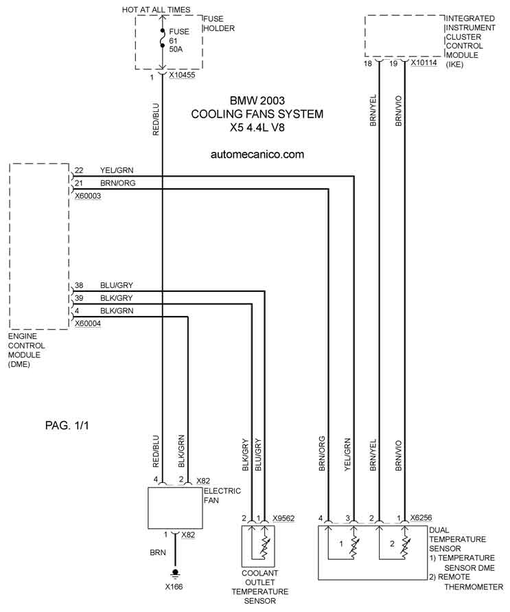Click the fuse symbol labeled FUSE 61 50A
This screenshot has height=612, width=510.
coord(162,38)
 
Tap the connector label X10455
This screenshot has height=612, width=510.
coord(182,75)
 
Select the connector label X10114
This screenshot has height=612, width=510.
coord(424,63)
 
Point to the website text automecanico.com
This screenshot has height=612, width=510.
coord(257,155)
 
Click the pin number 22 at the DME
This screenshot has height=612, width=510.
coord(79,170)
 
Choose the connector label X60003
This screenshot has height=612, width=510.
coord(88,196)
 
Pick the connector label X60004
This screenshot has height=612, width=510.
coord(88,324)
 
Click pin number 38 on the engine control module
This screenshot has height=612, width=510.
coord(79,285)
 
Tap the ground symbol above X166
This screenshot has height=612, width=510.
coord(175,573)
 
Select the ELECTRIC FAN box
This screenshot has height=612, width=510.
coord(175,508)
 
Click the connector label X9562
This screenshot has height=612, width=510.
coord(283,519)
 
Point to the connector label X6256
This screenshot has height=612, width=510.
coord(421,518)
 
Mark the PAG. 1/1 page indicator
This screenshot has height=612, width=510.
coord(67,425)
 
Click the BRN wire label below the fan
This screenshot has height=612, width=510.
coord(158,553)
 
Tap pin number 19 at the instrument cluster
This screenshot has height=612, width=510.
coord(393,63)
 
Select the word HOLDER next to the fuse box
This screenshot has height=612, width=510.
coord(219,28)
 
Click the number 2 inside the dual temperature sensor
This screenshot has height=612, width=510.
coord(392,544)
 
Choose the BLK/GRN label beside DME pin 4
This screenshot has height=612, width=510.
coord(117,311)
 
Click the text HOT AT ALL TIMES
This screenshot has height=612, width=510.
coord(157,10)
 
